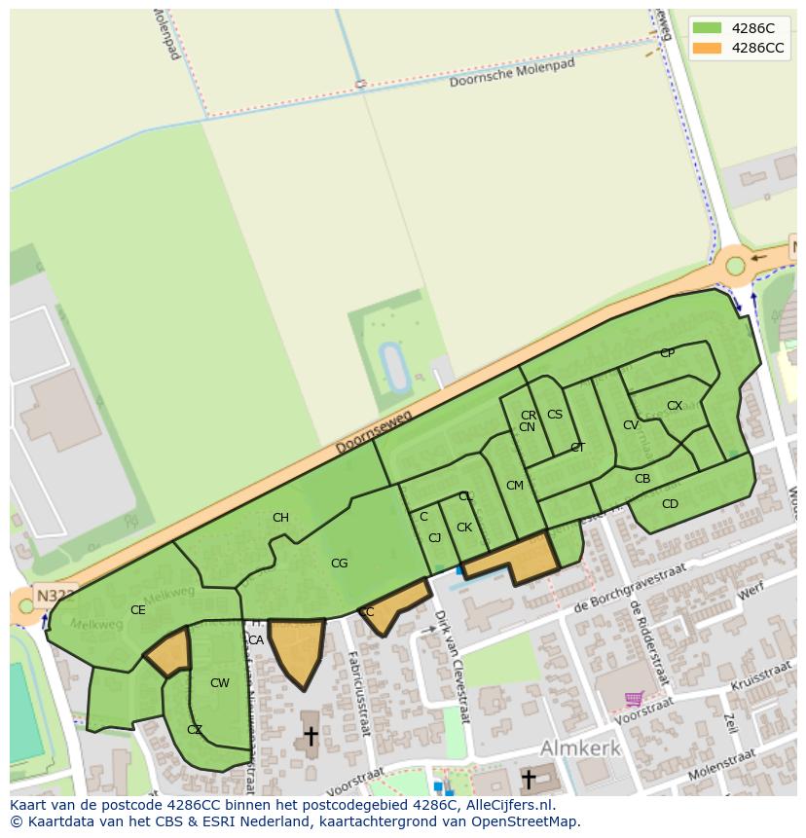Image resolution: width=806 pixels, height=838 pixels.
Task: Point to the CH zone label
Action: (x=280, y=518)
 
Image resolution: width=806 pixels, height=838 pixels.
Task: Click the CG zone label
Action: (x=339, y=563)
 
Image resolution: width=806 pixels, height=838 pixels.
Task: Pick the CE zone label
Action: (x=137, y=610)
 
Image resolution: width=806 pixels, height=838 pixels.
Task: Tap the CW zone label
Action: (x=220, y=683)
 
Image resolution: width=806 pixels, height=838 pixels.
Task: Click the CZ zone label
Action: (x=195, y=730)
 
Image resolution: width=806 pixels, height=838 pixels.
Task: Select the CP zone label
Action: (x=667, y=353)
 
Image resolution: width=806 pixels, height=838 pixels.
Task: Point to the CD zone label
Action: (x=670, y=504)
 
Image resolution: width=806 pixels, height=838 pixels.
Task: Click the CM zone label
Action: (x=515, y=486)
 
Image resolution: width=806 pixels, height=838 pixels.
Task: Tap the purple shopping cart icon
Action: (x=634, y=698)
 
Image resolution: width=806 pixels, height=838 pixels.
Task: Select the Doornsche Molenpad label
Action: (x=512, y=73)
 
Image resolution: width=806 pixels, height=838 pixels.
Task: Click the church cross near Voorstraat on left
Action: (x=311, y=735)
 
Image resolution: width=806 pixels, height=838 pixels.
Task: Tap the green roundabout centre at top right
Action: (x=736, y=266)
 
